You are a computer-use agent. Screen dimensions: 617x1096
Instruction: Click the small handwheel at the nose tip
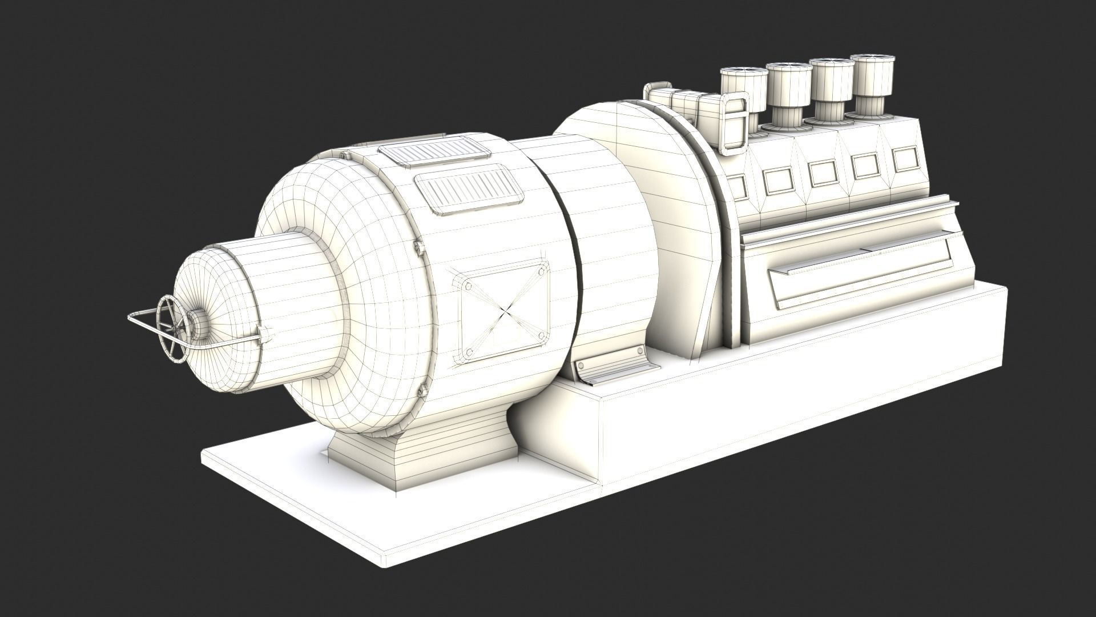[x=173, y=328]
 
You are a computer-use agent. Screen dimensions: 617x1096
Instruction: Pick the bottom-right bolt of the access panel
[x=538, y=337]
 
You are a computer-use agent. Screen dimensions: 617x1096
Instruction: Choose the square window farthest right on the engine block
[x=904, y=160]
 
